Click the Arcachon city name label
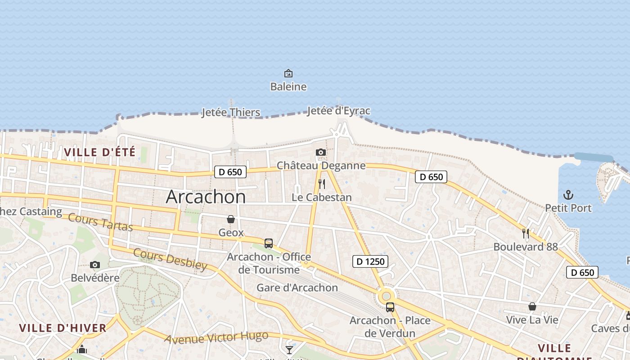point(206,197)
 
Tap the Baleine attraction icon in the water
point(288,73)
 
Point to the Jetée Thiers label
point(230,112)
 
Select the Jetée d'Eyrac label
point(338,111)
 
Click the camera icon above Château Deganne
point(320,153)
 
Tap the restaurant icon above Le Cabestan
point(321,184)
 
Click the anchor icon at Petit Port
point(568,195)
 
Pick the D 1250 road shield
point(370,261)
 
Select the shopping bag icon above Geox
point(231,219)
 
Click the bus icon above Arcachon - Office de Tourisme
point(269,243)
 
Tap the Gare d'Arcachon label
point(297,288)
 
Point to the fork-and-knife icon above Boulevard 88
point(525,233)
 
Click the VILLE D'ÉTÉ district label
point(99,152)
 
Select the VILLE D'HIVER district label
point(63,328)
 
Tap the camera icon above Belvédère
point(94,265)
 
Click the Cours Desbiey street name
point(170,259)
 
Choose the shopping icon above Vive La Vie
point(532,306)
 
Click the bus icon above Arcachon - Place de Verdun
point(390,307)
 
